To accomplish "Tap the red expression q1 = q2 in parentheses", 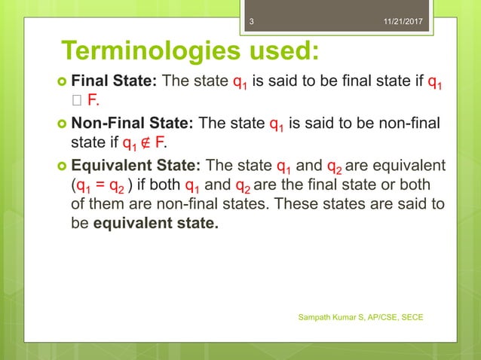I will click(100, 187).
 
